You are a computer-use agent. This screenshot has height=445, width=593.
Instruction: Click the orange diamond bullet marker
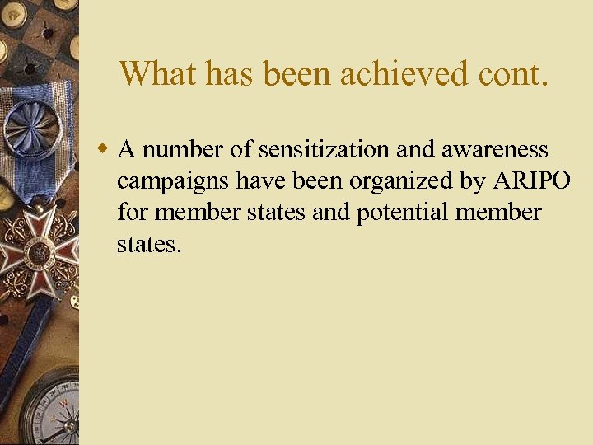[x=103, y=149]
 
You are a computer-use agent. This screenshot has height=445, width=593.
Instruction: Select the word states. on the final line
[x=149, y=244]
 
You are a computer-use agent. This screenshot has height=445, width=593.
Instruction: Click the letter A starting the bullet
[x=127, y=150]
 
